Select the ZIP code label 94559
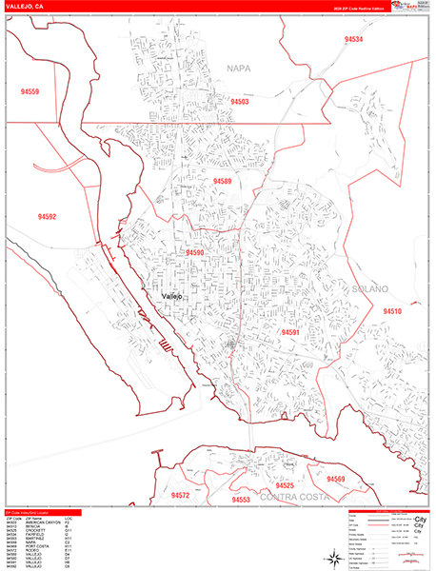26,91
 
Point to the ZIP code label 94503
239,101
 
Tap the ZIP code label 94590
195,253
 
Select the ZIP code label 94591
291,332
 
